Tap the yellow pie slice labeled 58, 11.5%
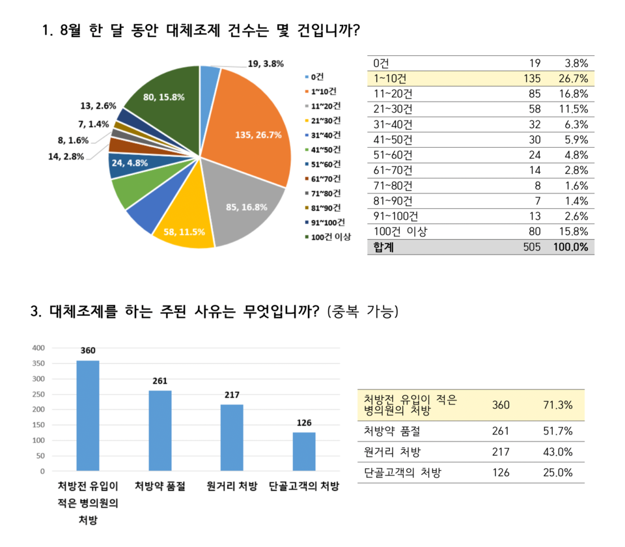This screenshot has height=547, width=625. [186, 231]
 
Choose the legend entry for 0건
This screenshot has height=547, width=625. [318, 76]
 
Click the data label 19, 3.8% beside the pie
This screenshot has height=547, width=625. [266, 64]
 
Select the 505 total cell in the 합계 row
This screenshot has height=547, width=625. [531, 247]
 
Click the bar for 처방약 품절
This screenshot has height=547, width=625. [160, 430]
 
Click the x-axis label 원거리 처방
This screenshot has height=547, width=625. [232, 486]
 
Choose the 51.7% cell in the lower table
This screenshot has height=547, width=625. [557, 431]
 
